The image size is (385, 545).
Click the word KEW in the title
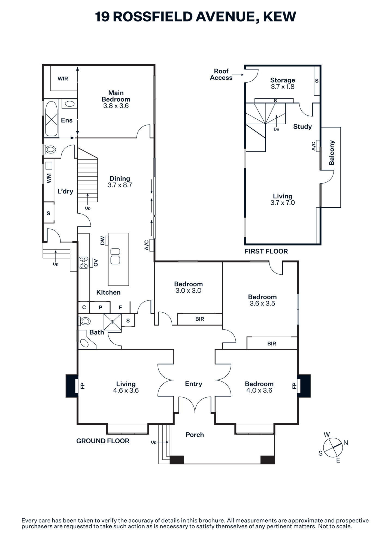coord(280,17)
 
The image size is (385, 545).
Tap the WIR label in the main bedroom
coord(63,79)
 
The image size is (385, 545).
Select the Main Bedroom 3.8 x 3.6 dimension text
coord(116,106)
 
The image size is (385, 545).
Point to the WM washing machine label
coord(49,178)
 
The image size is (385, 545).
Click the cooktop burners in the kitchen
coord(84,263)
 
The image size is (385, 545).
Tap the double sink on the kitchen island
coord(115,256)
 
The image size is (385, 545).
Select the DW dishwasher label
coord(102,241)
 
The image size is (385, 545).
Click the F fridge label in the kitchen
coord(120,308)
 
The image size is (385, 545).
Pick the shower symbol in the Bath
coord(112,322)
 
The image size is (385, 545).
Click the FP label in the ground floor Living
coord(83,386)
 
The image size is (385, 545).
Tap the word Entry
coord(194,384)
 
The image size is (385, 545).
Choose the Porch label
coord(195,435)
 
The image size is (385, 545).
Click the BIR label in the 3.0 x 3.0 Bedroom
coord(200,319)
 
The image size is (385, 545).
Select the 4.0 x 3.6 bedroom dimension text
coord(259,390)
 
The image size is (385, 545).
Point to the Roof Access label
coord(221,74)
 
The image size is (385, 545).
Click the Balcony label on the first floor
coord(332,153)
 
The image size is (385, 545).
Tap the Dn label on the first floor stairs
coord(276,129)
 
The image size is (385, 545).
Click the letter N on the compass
coord(346,443)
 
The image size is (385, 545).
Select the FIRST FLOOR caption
coord(266,251)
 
